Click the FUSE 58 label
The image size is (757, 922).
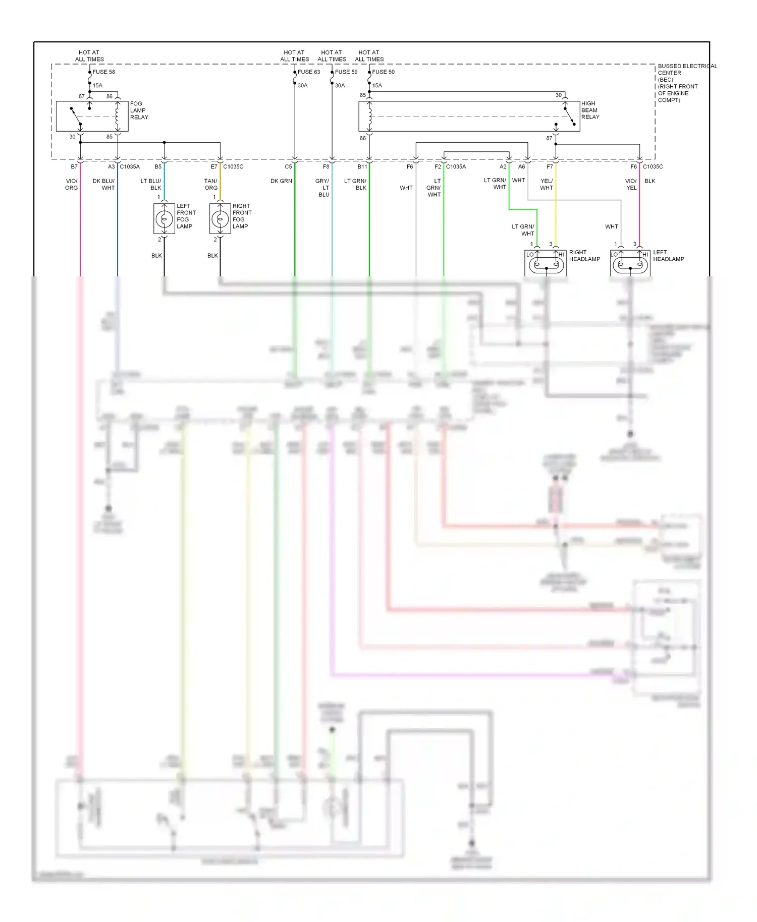[103, 72]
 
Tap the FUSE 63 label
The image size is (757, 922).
[309, 72]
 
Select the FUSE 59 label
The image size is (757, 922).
[346, 72]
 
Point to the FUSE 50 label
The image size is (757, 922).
[383, 72]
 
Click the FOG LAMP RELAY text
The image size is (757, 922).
[139, 110]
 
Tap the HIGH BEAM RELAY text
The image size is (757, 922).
[590, 110]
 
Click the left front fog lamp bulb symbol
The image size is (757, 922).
[164, 219]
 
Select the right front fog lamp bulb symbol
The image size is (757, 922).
[220, 219]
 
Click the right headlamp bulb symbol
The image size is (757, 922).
[546, 264]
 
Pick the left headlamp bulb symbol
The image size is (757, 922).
[630, 264]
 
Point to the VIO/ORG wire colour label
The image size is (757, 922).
[71, 184]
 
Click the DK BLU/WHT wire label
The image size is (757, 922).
[104, 184]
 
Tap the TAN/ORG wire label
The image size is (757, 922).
[211, 184]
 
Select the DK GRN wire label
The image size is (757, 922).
[281, 181]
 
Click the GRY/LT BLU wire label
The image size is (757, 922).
[322, 188]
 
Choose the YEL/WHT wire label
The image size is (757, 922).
[547, 184]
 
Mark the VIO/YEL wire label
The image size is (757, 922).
[631, 184]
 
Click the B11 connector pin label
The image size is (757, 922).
[362, 166]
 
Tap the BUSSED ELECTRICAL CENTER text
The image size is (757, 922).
[687, 70]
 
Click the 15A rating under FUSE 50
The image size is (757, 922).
[377, 85]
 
